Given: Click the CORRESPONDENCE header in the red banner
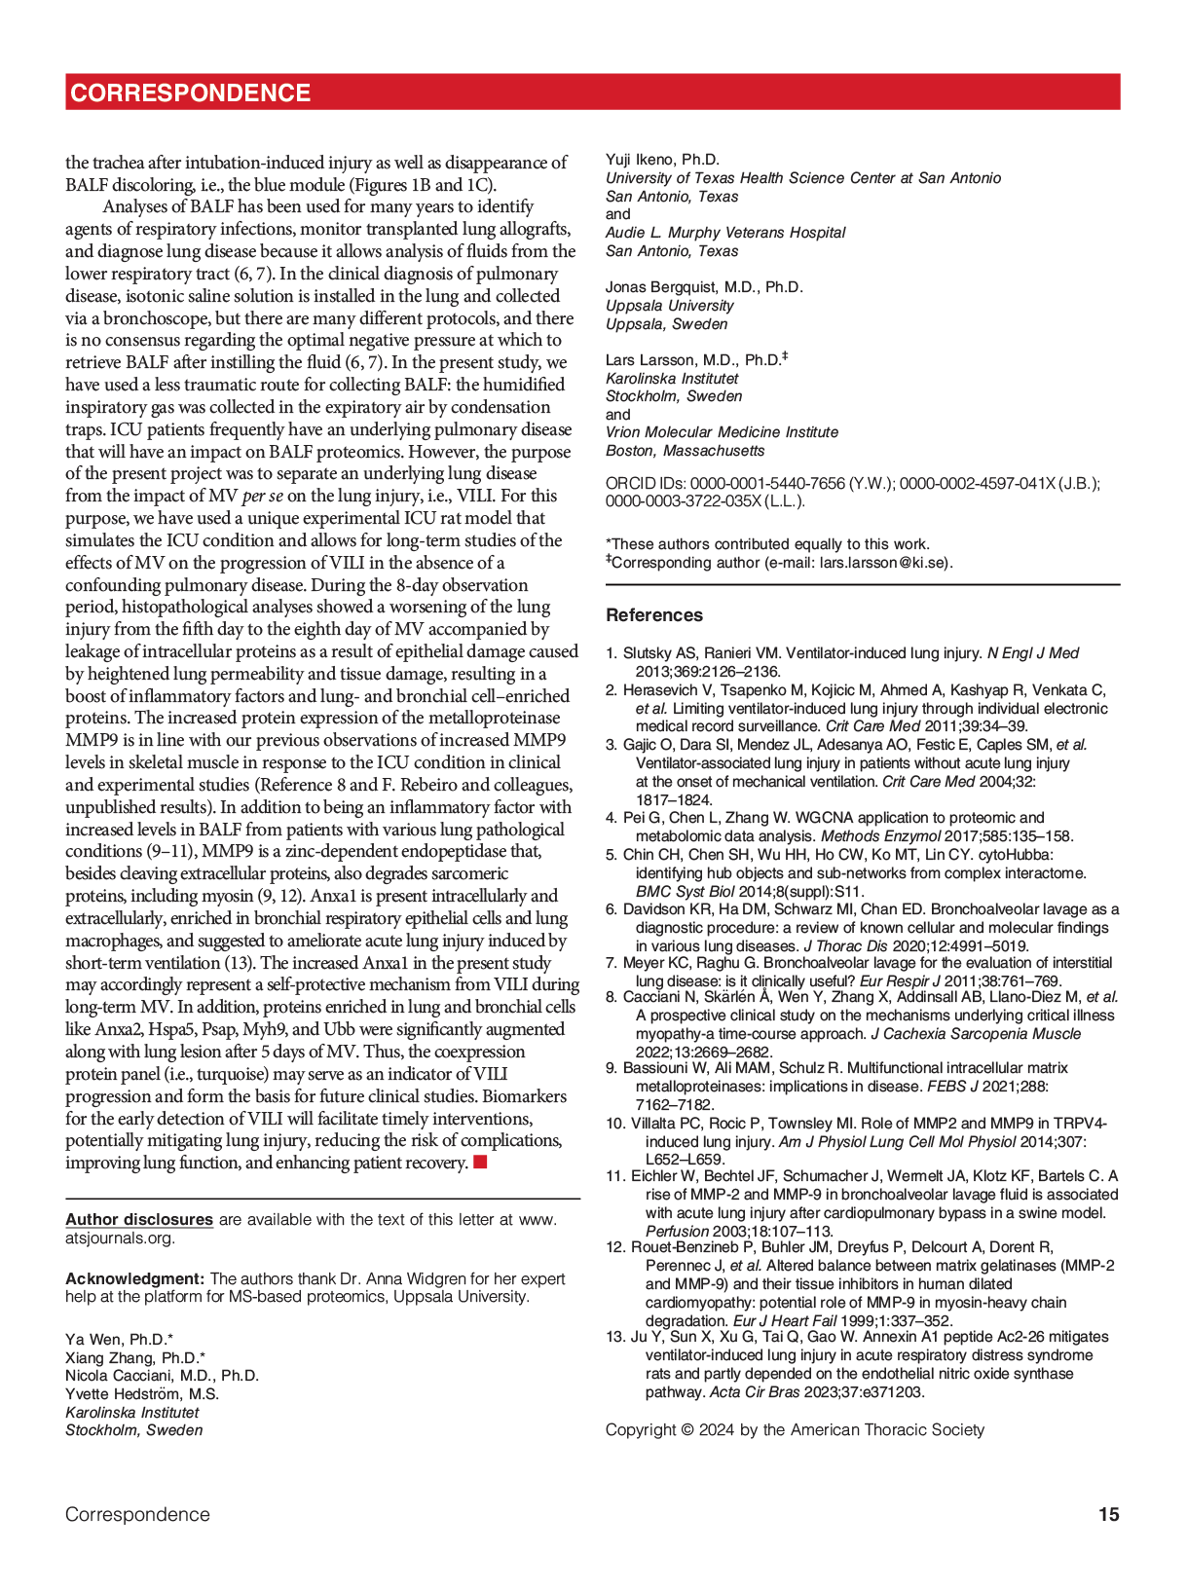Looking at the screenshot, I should (x=191, y=93).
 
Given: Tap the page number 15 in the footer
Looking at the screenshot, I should (x=1108, y=1514).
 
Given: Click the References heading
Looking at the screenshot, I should (x=653, y=615).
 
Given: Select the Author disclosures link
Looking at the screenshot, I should (x=139, y=1220).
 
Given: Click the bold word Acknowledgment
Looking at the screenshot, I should (x=134, y=1278).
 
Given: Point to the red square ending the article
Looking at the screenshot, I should (x=480, y=1162).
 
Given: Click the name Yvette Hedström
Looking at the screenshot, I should (x=141, y=1394).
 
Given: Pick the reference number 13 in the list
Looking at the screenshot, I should (x=614, y=1337).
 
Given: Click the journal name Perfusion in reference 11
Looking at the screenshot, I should (x=677, y=1231).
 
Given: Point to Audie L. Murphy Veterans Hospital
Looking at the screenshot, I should (x=725, y=233).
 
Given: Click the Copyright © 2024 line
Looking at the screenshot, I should (x=795, y=1429).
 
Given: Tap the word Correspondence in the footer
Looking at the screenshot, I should (x=137, y=1514).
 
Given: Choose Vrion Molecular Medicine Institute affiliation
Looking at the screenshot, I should (x=722, y=432).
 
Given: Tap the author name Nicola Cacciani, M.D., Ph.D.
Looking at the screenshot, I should (x=162, y=1376).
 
